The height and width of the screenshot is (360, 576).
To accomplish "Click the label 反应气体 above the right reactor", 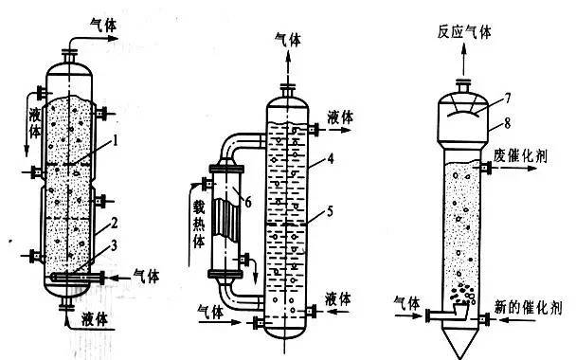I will tap(465, 31).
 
